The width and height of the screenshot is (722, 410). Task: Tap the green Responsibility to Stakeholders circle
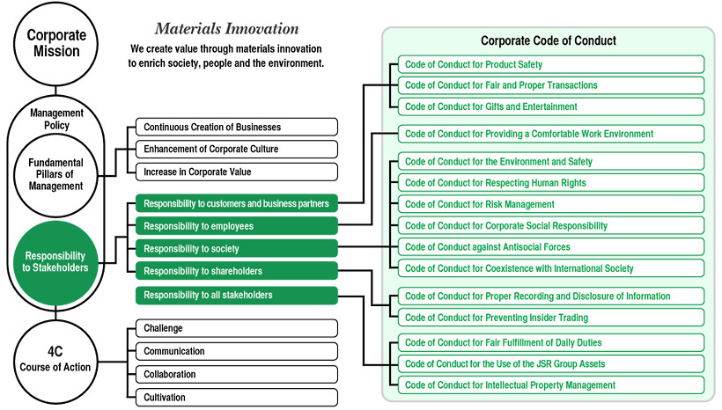click(x=55, y=262)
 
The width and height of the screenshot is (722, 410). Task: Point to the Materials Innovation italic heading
click(x=226, y=28)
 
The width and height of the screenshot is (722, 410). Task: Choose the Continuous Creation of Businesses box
click(x=237, y=127)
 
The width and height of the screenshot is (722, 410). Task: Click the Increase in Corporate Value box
click(x=237, y=172)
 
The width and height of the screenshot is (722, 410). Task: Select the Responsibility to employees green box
click(x=237, y=226)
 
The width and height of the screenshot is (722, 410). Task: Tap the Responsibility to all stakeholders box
click(x=237, y=295)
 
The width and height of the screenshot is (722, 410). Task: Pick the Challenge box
click(x=237, y=328)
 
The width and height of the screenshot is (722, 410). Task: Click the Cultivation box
click(x=237, y=397)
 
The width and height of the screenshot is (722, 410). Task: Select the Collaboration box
click(x=237, y=374)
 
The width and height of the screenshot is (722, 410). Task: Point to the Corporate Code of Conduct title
click(x=549, y=40)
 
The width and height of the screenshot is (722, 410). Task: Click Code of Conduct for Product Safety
click(x=551, y=64)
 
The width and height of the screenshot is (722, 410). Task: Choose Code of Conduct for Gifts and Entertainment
click(x=551, y=106)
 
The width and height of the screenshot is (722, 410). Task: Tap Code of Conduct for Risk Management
click(x=551, y=204)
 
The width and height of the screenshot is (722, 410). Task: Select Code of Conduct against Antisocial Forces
click(x=551, y=247)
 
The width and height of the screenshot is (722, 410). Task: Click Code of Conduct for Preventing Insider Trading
click(x=551, y=318)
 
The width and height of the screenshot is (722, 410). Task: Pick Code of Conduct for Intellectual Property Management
click(x=551, y=385)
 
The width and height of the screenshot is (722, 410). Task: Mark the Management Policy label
click(x=56, y=119)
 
